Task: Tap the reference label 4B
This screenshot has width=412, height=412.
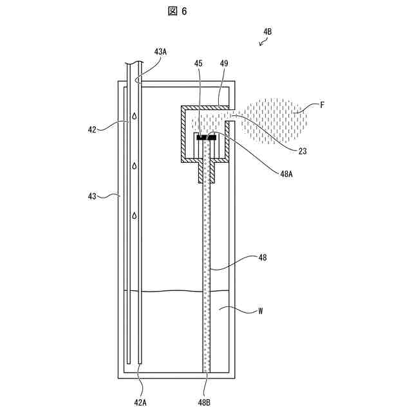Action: point(267,31)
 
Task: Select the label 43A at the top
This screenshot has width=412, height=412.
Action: point(160,52)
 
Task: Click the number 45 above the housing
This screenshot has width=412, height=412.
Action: point(198,64)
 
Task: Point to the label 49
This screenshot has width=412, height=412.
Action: point(223,64)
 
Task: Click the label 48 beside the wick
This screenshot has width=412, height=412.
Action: point(263,257)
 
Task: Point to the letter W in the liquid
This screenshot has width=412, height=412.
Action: point(260,310)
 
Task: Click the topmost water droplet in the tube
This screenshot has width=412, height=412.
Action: point(135,117)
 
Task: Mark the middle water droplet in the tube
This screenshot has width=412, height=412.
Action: point(135,166)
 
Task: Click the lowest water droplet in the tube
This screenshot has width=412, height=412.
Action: point(135,215)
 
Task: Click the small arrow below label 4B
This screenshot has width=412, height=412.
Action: point(263,42)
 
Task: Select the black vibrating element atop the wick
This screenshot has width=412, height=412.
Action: point(206,138)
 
